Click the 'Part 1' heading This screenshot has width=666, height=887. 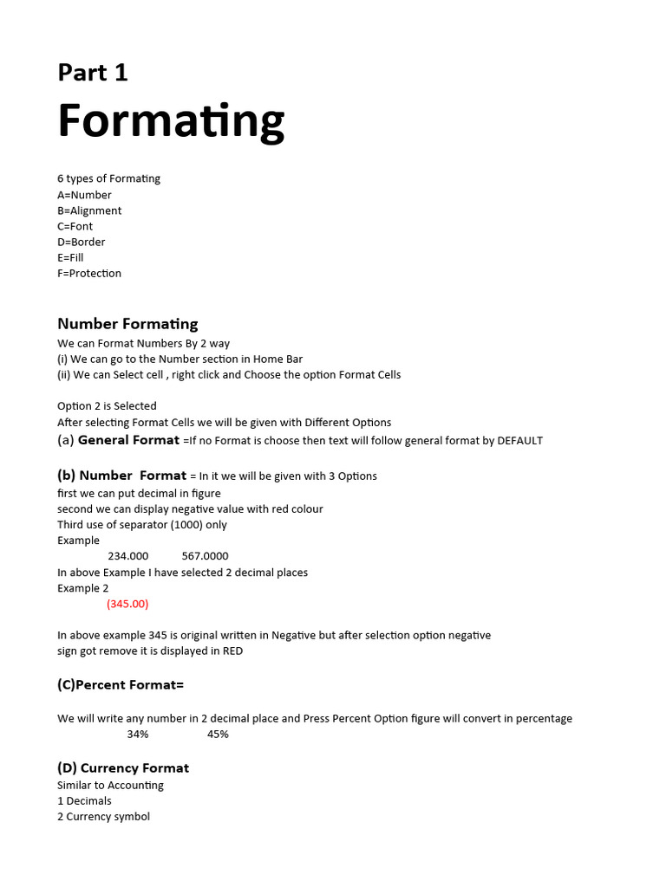click(x=93, y=73)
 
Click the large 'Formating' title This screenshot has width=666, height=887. click(x=171, y=121)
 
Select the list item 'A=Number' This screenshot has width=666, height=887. click(x=84, y=195)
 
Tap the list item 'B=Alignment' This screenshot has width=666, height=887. click(x=89, y=210)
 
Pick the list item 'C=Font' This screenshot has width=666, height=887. click(x=75, y=226)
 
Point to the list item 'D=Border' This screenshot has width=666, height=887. click(x=82, y=242)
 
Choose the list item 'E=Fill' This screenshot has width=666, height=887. click(x=70, y=257)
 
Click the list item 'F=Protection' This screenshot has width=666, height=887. click(x=89, y=273)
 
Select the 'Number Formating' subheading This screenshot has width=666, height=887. click(x=127, y=324)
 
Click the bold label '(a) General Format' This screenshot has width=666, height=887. click(x=118, y=440)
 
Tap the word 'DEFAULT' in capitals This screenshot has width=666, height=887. click(x=519, y=441)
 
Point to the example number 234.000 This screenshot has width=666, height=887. click(x=127, y=556)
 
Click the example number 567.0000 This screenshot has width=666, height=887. click(x=206, y=556)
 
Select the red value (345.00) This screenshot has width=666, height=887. click(x=127, y=604)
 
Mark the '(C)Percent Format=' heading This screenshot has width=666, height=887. click(x=121, y=685)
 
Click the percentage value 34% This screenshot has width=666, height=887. click(x=138, y=735)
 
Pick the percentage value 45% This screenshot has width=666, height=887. click(x=218, y=735)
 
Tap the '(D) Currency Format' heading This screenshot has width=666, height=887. click(x=123, y=768)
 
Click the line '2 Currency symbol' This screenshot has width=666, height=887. click(x=103, y=817)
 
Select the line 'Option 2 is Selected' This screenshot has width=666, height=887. click(x=107, y=406)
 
